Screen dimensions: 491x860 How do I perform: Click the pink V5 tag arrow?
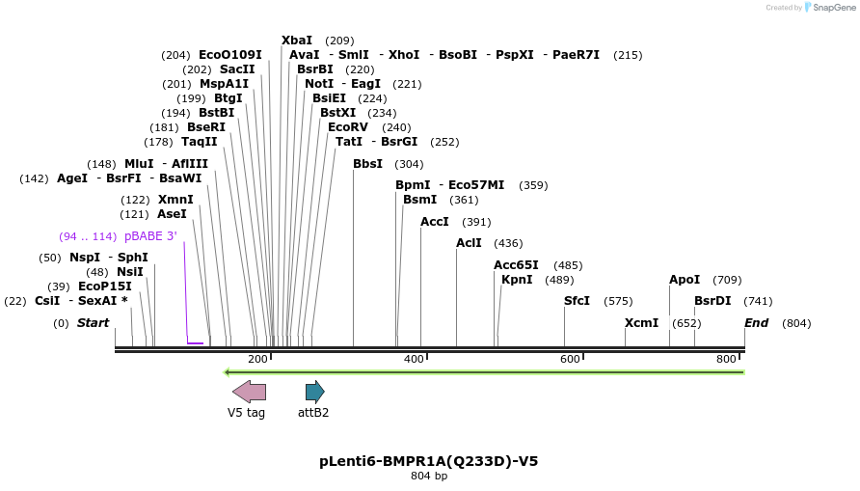tap(249, 392)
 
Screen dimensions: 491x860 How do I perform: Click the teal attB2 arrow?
tap(314, 392)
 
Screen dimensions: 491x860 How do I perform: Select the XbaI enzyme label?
tap(297, 41)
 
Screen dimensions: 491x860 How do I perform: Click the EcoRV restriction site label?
tap(348, 127)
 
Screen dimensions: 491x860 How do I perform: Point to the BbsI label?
tap(367, 164)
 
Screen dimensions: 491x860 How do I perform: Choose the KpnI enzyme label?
tap(517, 280)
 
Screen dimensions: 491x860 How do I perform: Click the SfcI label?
tap(577, 301)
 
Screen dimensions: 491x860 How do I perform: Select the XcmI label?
tap(641, 323)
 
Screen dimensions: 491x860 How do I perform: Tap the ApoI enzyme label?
tap(685, 280)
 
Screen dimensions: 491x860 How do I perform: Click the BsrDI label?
tap(712, 301)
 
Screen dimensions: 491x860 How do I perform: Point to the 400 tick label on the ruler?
tap(415, 360)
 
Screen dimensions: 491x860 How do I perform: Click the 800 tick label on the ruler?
tap(727, 360)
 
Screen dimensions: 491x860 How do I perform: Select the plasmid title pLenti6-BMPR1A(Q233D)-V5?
tap(429, 461)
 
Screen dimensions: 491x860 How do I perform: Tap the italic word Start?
tap(94, 323)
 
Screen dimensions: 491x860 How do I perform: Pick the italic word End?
tap(756, 323)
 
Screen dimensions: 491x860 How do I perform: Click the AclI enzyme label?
tap(469, 243)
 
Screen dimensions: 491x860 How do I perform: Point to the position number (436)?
tap(508, 243)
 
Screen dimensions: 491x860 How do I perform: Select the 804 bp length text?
tap(429, 477)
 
